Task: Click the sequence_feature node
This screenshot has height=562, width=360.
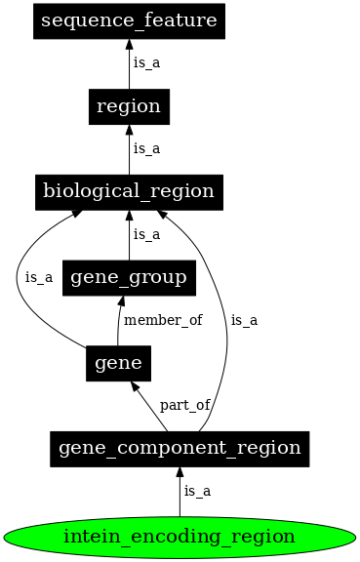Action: [129, 20]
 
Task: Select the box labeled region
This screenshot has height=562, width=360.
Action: [129, 106]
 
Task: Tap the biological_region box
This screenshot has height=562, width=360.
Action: [130, 191]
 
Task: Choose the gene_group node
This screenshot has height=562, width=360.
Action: [129, 277]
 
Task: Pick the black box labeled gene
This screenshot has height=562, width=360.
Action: [118, 363]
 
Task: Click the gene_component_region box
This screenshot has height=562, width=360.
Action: [180, 449]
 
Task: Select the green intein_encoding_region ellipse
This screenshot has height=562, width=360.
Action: [180, 536]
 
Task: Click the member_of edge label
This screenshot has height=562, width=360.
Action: [162, 320]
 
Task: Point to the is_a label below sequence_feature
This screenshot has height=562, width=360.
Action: [146, 62]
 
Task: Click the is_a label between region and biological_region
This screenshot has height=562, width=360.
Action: [146, 148]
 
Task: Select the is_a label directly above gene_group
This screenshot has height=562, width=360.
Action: [146, 234]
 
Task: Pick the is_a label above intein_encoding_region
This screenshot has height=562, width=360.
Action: [197, 491]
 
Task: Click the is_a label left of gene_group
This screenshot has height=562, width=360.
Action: [39, 277]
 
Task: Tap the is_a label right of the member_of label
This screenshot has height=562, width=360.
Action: [245, 320]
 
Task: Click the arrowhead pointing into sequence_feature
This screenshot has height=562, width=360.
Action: [129, 44]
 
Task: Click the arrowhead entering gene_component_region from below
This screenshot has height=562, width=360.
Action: [180, 473]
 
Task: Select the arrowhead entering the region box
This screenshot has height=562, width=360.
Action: [129, 130]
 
